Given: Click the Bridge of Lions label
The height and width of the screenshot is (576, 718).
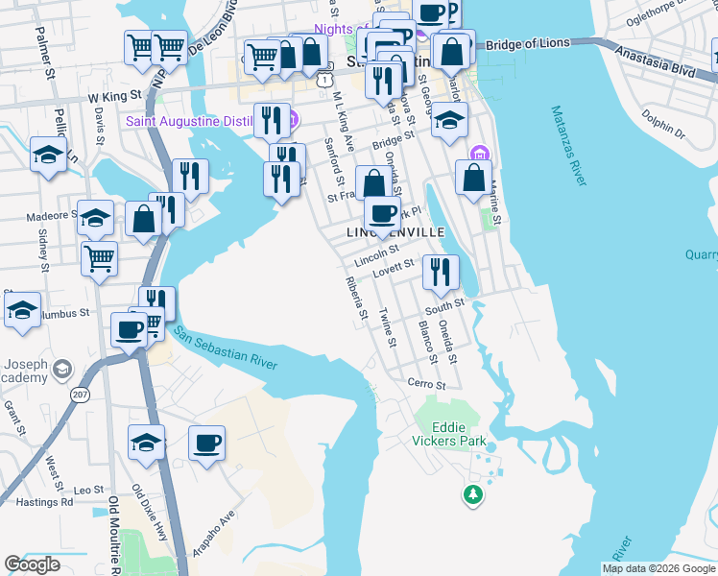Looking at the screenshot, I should pyautogui.click(x=528, y=44).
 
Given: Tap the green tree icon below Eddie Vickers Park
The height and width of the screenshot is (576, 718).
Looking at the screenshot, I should pyautogui.click(x=471, y=494).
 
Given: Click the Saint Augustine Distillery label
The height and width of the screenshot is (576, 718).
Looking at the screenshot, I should pyautogui.click(x=204, y=121).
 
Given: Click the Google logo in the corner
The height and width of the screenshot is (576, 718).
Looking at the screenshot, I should pyautogui.click(x=33, y=564).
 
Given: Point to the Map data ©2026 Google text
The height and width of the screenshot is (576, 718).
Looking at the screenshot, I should pyautogui.click(x=658, y=568).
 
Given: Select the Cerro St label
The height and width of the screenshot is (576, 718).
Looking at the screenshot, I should pyautogui.click(x=427, y=385).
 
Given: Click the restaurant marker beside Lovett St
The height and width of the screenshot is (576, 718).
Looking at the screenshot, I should pyautogui.click(x=441, y=272).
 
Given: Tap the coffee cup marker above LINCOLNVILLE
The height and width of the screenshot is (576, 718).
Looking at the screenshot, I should pyautogui.click(x=382, y=213).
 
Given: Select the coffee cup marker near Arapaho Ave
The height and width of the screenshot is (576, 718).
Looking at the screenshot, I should pyautogui.click(x=206, y=444).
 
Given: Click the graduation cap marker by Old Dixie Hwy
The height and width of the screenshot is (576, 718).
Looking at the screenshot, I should pyautogui.click(x=147, y=443).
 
